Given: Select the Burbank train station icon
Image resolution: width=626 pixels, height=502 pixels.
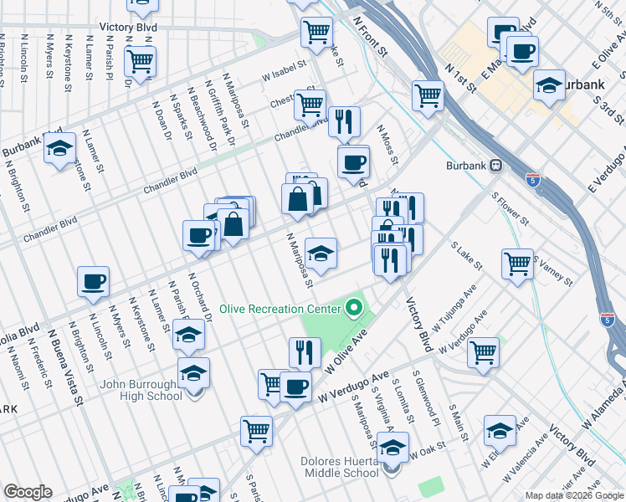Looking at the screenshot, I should tap(496, 165).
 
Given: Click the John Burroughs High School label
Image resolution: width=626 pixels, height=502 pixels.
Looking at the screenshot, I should tap(141, 390).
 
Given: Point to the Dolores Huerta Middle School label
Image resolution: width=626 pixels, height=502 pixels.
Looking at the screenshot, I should tap(341, 467).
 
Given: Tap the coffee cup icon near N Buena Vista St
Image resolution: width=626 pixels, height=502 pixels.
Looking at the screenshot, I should tap(94, 281).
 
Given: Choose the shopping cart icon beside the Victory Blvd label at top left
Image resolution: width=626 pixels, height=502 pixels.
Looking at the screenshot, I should tap(140, 60).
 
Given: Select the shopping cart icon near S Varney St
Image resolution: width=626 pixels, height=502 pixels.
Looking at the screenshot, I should tap(517, 263).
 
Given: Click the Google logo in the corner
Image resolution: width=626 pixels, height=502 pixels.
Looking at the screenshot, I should tap(28, 492).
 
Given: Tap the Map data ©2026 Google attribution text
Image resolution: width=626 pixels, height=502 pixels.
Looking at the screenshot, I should tap(573, 495).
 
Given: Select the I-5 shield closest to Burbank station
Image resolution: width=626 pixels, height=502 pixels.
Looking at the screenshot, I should tap(533, 179).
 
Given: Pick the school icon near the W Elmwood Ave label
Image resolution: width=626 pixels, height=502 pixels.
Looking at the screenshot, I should tap(500, 430).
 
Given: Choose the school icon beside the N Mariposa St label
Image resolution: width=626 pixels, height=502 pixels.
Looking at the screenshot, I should tap(321, 252).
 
